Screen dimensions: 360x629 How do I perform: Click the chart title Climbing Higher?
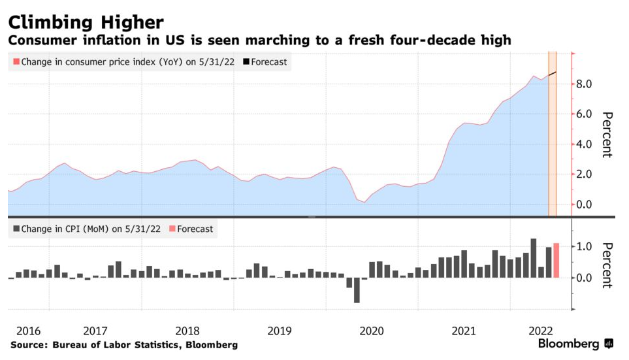pos(86,22)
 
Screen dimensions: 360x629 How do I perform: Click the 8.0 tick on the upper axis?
pos(583,84)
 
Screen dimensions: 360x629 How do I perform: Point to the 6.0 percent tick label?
pos(583,114)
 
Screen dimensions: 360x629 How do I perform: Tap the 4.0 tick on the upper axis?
pos(583,144)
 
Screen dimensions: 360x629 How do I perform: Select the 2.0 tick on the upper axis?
pos(583,174)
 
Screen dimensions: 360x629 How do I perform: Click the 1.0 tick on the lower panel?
pos(583,247)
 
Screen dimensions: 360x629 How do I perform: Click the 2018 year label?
pos(187,330)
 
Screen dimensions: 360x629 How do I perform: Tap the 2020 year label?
pos(370,330)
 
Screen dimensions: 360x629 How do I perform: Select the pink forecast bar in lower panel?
pos(556,260)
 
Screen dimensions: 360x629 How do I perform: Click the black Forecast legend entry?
pos(265,62)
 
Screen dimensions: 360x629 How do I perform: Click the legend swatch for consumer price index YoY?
pos(16,62)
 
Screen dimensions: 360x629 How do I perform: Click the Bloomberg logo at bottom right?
pos(575,344)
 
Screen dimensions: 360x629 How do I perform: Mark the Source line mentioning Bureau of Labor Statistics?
pos(124,344)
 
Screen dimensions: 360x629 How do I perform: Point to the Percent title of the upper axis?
pos(606,135)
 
